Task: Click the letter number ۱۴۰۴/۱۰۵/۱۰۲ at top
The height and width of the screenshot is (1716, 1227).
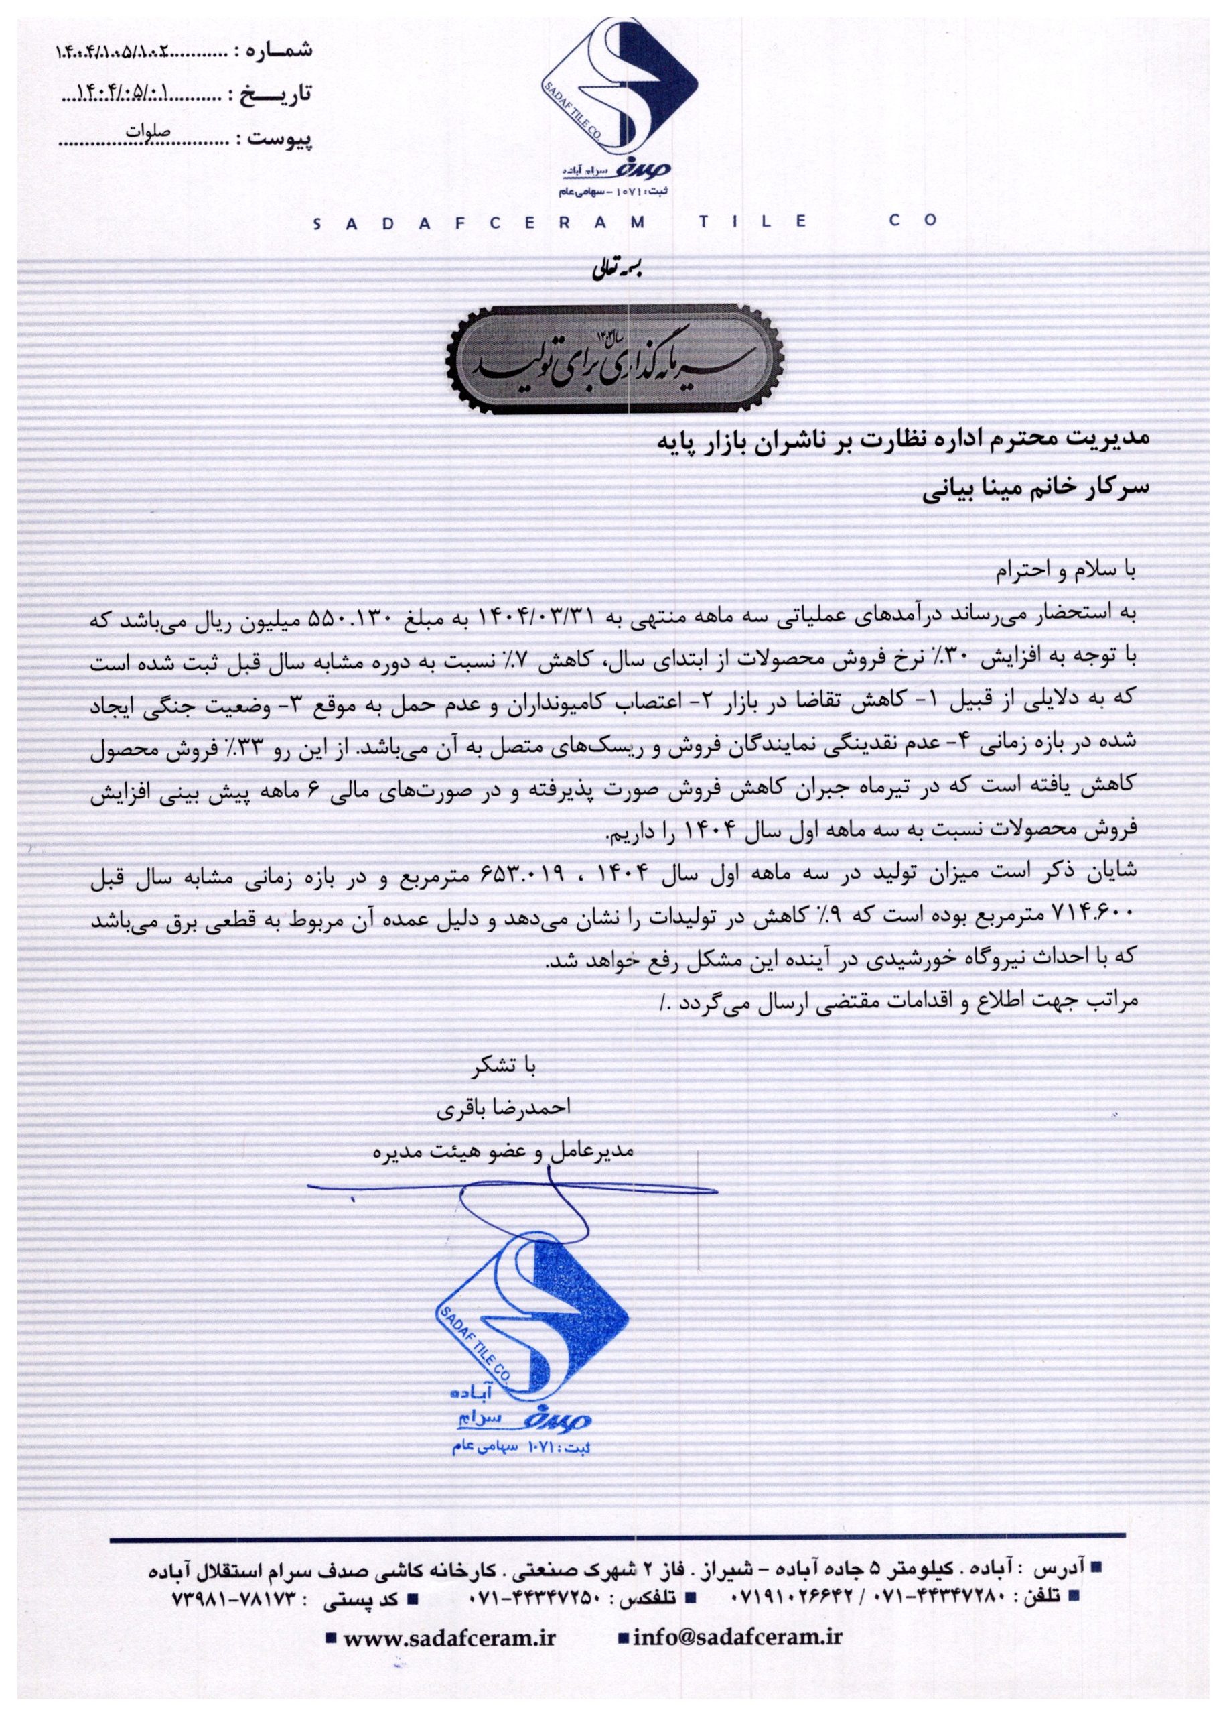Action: [113, 53]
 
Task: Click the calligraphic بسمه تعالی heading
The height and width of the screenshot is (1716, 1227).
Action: [614, 269]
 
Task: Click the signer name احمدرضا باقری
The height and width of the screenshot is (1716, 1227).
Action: [504, 1108]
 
